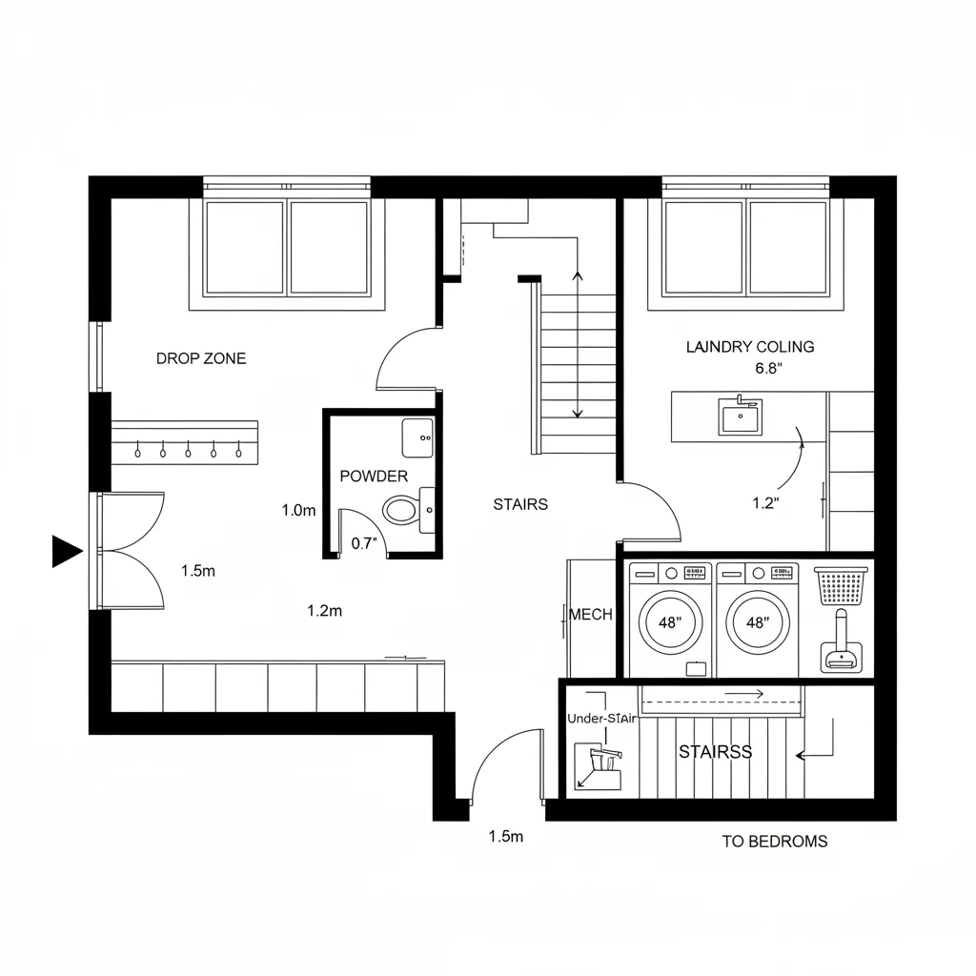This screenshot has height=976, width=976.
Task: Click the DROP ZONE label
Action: tap(200, 358)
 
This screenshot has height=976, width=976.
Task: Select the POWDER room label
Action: tap(374, 476)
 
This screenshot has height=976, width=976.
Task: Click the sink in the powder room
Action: tap(417, 438)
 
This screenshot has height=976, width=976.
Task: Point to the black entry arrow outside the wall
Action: tap(66, 551)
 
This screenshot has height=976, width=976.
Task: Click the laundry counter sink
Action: tap(739, 417)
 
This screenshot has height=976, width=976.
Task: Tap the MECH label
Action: tap(591, 615)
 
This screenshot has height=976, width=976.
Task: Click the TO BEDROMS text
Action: tap(774, 842)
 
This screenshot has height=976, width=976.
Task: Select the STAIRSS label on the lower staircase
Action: tap(715, 752)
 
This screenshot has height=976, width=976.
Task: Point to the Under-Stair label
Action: tap(600, 719)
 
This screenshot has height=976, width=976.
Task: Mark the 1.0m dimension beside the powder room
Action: tap(298, 510)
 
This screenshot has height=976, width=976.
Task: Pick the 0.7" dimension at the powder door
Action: tap(365, 544)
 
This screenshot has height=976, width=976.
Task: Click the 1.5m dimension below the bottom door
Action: tap(506, 837)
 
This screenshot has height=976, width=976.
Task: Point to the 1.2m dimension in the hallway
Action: tap(324, 611)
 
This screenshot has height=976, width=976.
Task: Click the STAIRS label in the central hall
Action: tap(520, 504)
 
